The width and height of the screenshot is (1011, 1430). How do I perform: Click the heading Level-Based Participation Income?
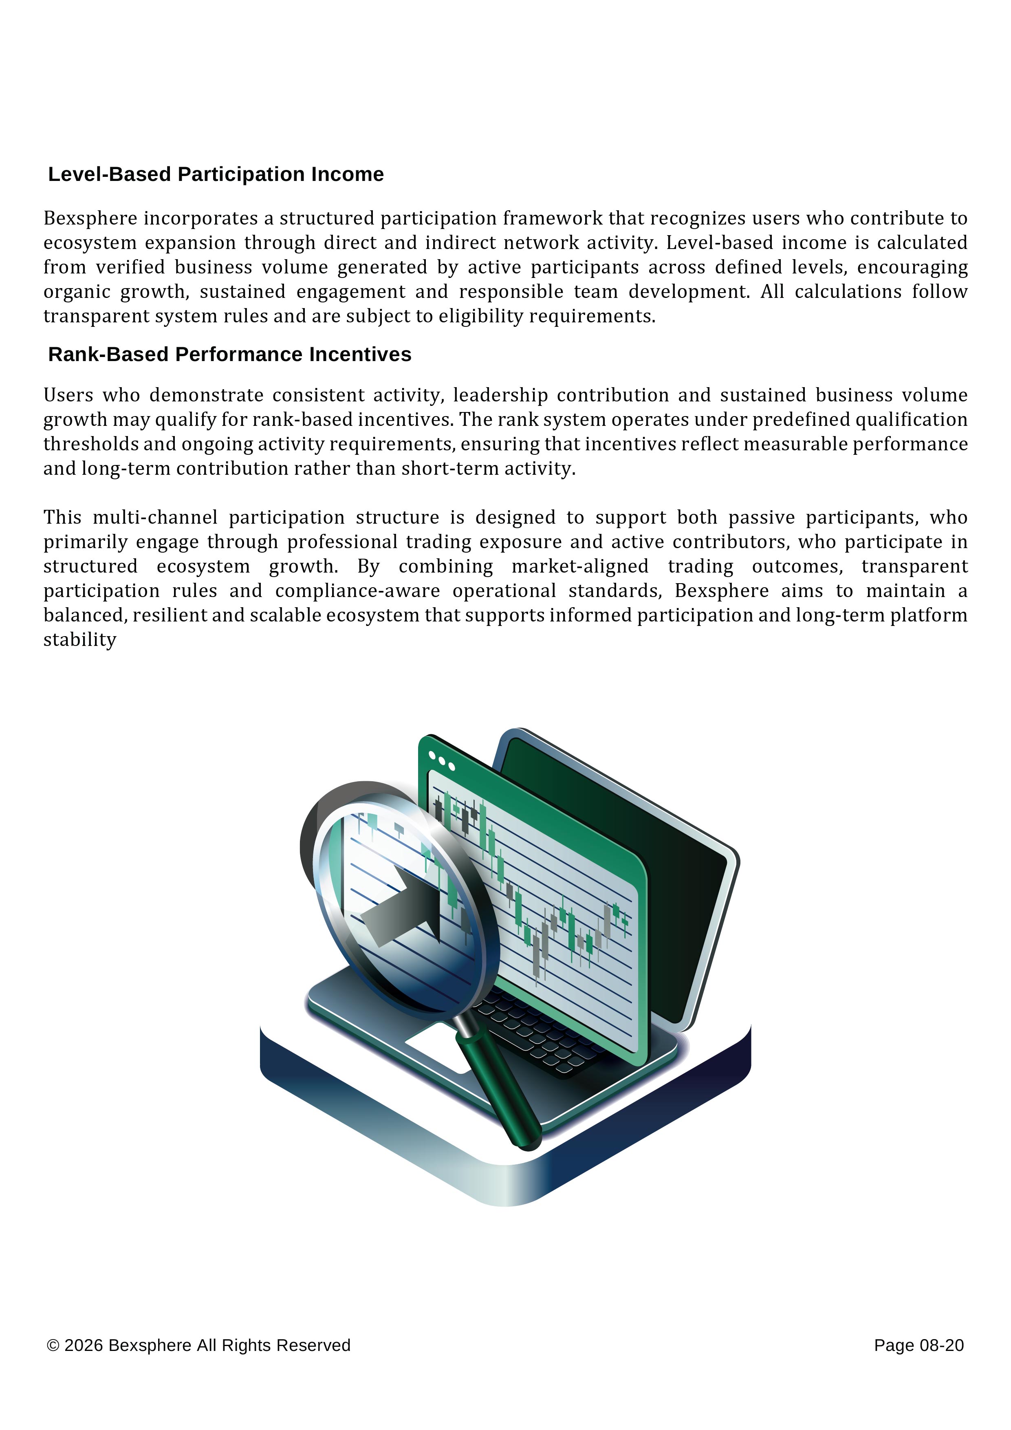click(x=216, y=174)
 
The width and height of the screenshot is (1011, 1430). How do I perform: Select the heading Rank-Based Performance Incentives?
click(x=229, y=355)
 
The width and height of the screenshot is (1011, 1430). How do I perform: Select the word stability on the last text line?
click(x=80, y=640)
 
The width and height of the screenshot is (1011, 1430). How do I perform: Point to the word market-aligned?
click(x=579, y=567)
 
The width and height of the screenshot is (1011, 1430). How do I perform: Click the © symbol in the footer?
click(x=53, y=1346)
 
